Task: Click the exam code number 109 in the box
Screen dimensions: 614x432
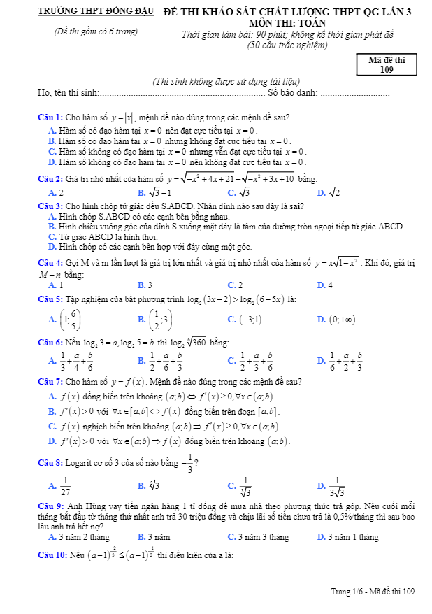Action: tap(387, 69)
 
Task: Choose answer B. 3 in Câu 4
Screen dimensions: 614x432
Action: tap(145, 285)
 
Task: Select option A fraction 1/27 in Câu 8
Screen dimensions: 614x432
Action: tap(65, 485)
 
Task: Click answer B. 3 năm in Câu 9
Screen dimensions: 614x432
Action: tap(154, 537)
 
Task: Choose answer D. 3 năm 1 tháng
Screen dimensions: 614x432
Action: tap(348, 537)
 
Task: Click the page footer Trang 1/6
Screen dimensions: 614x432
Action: tap(348, 592)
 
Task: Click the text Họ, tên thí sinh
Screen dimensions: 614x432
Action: tap(69, 93)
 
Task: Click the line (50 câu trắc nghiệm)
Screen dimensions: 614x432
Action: tap(287, 45)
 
